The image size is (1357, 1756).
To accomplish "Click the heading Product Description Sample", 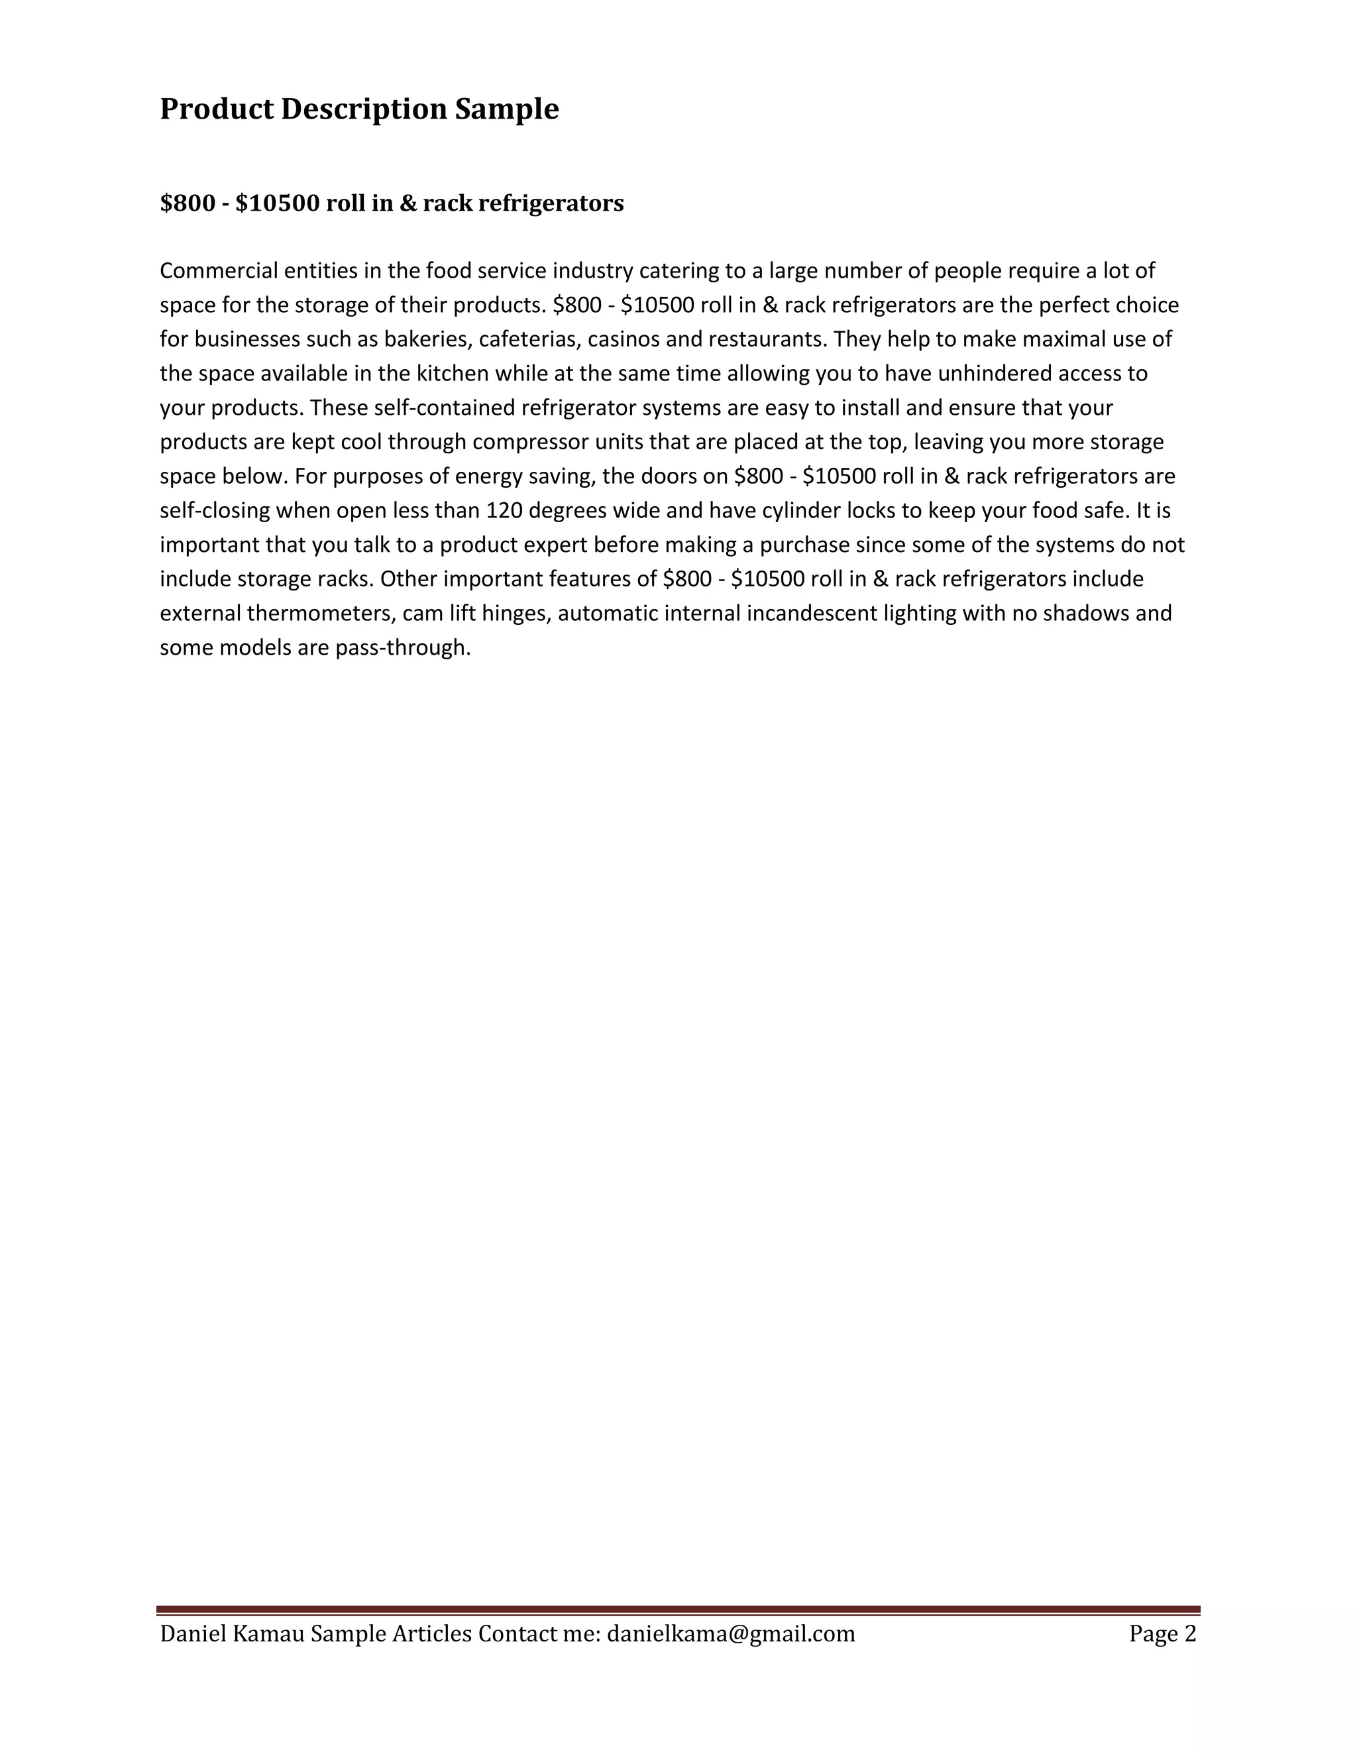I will click(x=358, y=109).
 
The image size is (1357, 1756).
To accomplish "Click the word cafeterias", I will click(x=530, y=339).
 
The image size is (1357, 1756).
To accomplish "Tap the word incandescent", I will click(x=811, y=614).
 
